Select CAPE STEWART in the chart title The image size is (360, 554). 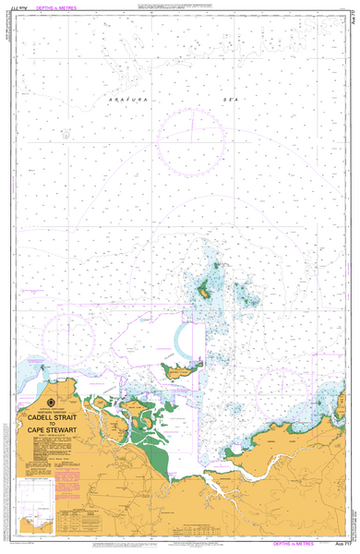click(x=53, y=430)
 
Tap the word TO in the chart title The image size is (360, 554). click(x=53, y=423)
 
